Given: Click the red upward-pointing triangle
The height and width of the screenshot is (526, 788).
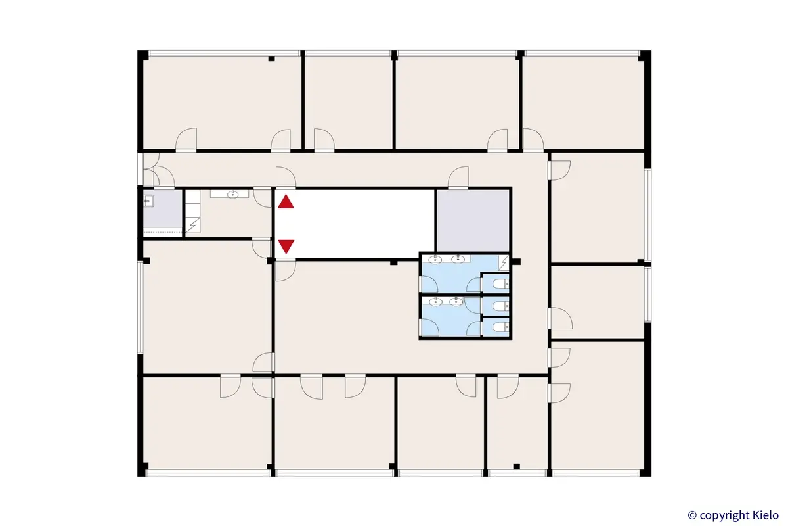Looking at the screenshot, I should pos(286,202).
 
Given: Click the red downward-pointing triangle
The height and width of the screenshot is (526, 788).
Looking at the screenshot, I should pos(286,247).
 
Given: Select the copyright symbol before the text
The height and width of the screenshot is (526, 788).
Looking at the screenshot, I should pos(691,515).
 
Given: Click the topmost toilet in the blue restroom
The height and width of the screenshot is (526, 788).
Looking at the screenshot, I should pos(500,284).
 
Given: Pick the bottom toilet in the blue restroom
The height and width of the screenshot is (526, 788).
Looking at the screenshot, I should pos(500,327).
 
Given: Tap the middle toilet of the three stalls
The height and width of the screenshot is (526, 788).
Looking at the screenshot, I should pos(500,306).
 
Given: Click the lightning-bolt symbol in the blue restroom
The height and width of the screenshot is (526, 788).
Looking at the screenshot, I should pos(504,263).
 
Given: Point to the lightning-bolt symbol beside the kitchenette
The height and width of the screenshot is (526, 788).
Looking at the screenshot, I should pos(193,226).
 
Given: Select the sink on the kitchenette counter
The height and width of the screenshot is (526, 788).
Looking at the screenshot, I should pos(233,194).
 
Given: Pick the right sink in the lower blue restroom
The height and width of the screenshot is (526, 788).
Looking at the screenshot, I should pos(454,302).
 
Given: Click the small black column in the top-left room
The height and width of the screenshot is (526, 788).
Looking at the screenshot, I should pos(271,59).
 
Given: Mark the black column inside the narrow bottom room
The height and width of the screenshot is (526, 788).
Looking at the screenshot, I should pos(516,466).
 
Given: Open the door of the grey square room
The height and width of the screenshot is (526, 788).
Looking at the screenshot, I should pos(458,178).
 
